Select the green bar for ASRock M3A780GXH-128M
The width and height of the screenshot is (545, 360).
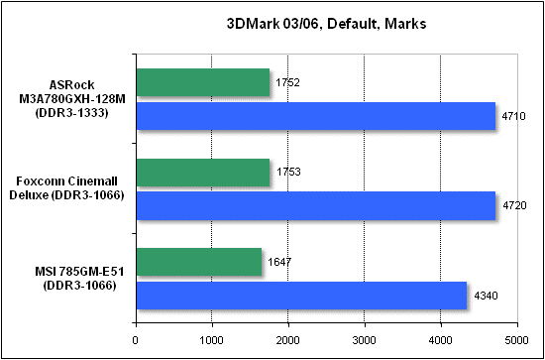pyautogui.click(x=202, y=83)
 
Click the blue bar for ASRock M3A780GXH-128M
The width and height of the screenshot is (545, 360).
pyautogui.click(x=315, y=117)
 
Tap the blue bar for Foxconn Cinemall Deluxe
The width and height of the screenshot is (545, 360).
pyautogui.click(x=315, y=206)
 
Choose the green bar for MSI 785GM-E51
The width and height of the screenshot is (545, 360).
pyautogui.click(x=198, y=263)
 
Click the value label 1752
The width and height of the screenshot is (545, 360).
pyautogui.click(x=285, y=83)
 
